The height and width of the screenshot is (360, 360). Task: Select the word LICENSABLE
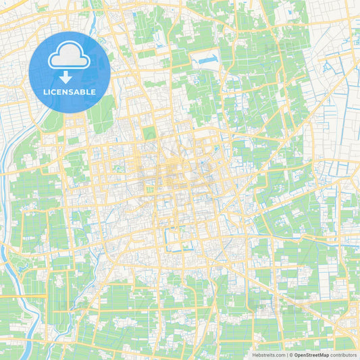70,92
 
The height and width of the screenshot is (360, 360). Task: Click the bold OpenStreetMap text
311,355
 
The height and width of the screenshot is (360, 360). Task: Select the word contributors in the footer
344,355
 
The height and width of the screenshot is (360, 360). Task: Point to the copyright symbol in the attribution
290,355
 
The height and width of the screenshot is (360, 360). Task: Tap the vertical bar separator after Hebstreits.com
286,355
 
